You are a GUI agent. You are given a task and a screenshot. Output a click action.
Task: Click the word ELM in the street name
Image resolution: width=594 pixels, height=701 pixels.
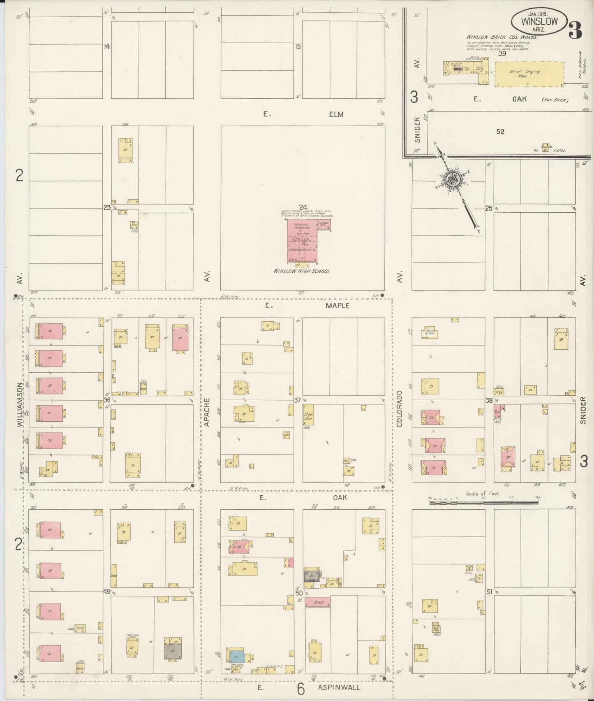click(x=336, y=114)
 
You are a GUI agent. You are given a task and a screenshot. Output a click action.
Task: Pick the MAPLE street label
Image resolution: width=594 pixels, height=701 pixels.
click(x=337, y=306)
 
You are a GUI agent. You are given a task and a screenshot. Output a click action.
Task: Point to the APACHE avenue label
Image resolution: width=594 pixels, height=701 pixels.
click(x=207, y=411)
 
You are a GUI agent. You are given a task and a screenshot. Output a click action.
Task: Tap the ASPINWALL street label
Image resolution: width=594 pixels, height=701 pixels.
click(x=339, y=687)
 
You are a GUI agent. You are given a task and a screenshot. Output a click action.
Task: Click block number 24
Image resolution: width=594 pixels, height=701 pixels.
click(x=303, y=207)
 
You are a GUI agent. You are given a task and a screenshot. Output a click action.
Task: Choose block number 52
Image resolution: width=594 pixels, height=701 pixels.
click(x=500, y=132)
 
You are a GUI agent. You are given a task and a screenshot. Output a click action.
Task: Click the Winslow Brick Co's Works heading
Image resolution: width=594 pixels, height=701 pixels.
click(x=502, y=37)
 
